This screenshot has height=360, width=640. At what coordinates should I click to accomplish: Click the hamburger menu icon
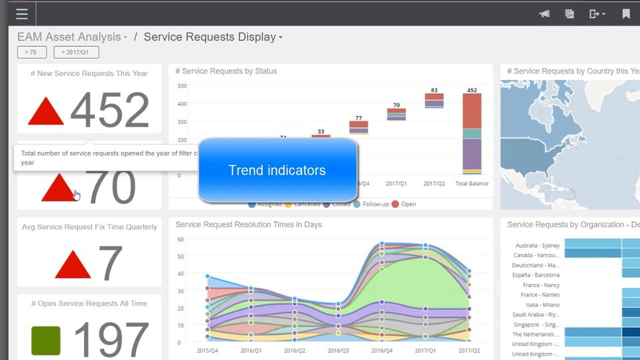22,13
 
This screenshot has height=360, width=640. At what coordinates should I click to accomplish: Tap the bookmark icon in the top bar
626,13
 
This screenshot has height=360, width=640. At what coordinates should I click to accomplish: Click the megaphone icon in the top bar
545,13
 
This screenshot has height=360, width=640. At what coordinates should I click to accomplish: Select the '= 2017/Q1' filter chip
76,52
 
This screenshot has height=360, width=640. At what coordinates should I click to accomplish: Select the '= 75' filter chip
31,52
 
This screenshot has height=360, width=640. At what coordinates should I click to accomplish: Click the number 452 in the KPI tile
110,110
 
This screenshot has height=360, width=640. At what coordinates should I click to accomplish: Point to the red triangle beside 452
46,112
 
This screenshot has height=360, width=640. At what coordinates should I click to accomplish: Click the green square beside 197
46,341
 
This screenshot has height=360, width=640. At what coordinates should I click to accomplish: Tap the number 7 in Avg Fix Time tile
111,262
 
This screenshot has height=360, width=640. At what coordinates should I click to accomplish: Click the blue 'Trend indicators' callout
277,170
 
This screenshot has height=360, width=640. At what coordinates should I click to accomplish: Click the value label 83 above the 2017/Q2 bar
434,90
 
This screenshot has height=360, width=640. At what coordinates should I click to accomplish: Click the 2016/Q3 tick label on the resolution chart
338,350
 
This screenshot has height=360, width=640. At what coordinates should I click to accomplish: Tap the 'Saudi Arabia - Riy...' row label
536,314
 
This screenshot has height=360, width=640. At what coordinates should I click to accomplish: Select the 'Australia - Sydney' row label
537,245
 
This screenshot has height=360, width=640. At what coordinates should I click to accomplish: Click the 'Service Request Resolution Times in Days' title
248,225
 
